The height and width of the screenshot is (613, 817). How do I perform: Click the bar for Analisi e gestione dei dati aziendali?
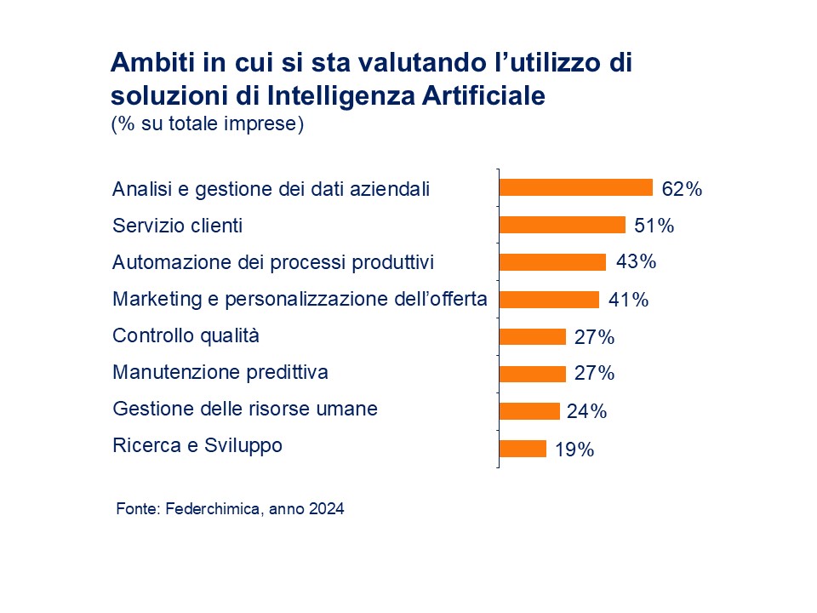(x=575, y=188)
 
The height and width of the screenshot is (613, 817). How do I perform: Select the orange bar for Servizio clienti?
(x=562, y=225)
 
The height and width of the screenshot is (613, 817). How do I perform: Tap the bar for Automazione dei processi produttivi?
(x=552, y=262)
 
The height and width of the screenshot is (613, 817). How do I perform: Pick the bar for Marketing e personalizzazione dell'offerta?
(x=549, y=300)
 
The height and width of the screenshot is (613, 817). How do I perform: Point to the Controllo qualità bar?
(x=532, y=336)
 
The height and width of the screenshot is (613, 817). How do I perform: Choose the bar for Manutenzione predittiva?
(x=532, y=374)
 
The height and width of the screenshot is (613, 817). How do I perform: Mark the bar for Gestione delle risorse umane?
(x=528, y=411)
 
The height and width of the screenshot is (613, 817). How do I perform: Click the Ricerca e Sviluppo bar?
(x=522, y=448)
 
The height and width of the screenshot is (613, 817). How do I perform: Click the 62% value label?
(x=682, y=189)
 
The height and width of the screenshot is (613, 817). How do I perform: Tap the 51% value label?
(x=654, y=226)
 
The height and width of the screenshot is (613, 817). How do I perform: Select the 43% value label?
(x=636, y=261)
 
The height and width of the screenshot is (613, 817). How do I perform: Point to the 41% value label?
(x=629, y=300)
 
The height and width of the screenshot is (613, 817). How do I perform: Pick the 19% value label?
(x=574, y=450)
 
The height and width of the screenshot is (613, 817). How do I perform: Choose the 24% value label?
(x=586, y=412)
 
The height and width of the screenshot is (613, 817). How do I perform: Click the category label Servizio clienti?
(x=177, y=226)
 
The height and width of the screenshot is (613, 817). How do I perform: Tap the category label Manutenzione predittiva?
(x=220, y=373)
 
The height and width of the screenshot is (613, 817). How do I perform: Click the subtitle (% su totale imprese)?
(x=207, y=123)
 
